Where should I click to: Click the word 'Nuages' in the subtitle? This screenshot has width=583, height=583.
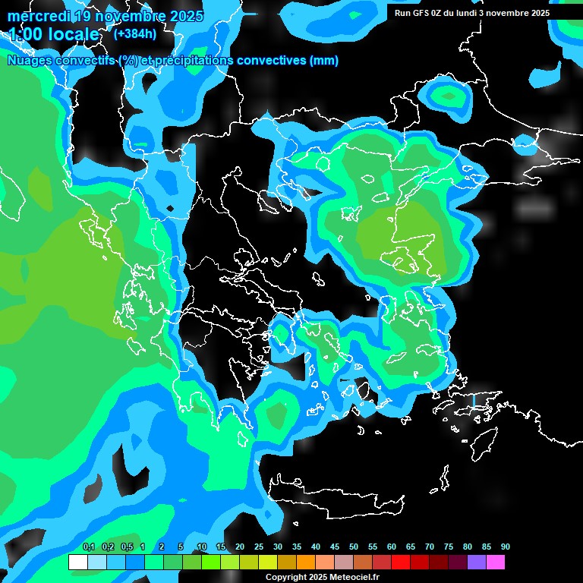tap(30, 61)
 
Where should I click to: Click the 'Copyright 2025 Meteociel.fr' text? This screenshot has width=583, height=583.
tap(322, 577)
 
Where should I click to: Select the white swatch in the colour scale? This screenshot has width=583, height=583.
tap(77, 563)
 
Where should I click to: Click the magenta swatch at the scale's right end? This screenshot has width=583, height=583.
tap(496, 563)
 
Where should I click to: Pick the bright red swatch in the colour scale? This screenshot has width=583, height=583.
tap(401, 563)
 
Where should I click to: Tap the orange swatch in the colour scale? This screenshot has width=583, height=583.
tap(305, 563)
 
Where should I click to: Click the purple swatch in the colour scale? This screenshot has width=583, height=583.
tap(477, 563)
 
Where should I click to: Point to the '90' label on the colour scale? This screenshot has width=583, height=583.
tap(506, 547)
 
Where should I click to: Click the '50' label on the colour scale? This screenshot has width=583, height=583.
tap(354, 547)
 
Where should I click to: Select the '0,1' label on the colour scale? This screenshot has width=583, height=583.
tap(88, 547)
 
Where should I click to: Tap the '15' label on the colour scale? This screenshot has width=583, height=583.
tap(221, 547)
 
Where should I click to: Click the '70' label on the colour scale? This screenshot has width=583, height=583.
tap(430, 547)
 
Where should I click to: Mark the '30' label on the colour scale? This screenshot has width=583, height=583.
tap(278, 547)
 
